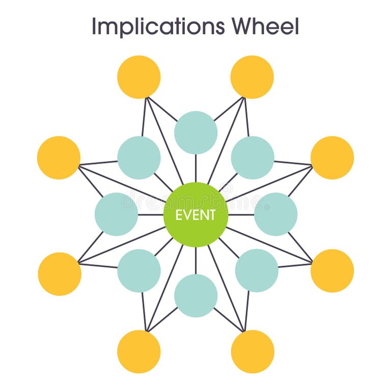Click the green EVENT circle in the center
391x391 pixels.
tap(195, 214)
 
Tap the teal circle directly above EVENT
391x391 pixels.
tap(195, 132)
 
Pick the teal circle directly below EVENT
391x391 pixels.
tap(195, 296)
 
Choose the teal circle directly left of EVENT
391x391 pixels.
tap(116, 214)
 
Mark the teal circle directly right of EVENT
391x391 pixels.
tap(275, 214)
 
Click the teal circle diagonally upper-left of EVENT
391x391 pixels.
tap(139, 157)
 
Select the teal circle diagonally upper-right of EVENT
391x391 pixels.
tap(253, 157)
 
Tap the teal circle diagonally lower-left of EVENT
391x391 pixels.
tap(139, 270)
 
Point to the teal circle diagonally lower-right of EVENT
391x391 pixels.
tap(257, 270)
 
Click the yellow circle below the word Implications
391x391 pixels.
tap(139, 77)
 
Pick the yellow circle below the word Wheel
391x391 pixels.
tap(252, 77)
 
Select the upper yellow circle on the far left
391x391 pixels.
tap(59, 157)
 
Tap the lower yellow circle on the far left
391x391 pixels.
tap(60, 274)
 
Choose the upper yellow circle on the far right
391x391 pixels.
tap(332, 157)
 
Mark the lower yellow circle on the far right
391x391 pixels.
tap(332, 270)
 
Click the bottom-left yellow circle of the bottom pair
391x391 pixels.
tap(139, 351)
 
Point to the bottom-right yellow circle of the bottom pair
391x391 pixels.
tap(253, 351)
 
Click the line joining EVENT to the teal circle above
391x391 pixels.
tap(195, 168)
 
